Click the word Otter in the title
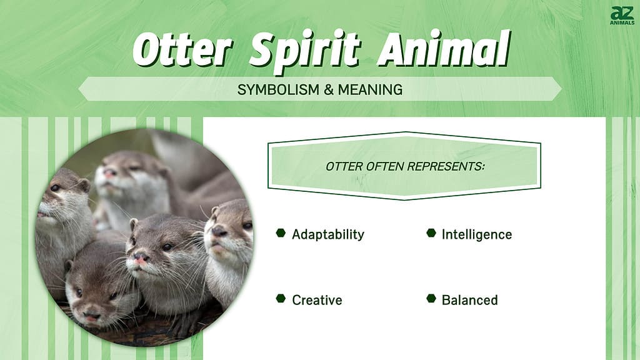click(x=182, y=50)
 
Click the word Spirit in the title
click(x=304, y=52)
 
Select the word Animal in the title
click(x=444, y=49)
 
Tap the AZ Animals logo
click(x=622, y=15)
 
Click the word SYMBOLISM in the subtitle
click(x=279, y=89)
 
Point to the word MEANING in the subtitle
click(x=370, y=89)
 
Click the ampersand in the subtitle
click(x=329, y=89)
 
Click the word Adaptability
click(x=327, y=235)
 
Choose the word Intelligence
click(x=477, y=235)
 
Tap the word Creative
click(x=317, y=300)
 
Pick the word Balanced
click(x=470, y=300)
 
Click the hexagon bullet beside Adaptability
click(x=281, y=232)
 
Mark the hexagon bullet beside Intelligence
click(x=431, y=232)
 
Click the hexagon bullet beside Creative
click(x=281, y=298)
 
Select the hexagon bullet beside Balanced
click(x=431, y=298)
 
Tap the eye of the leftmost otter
click(x=55, y=187)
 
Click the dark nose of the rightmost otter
click(x=218, y=231)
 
